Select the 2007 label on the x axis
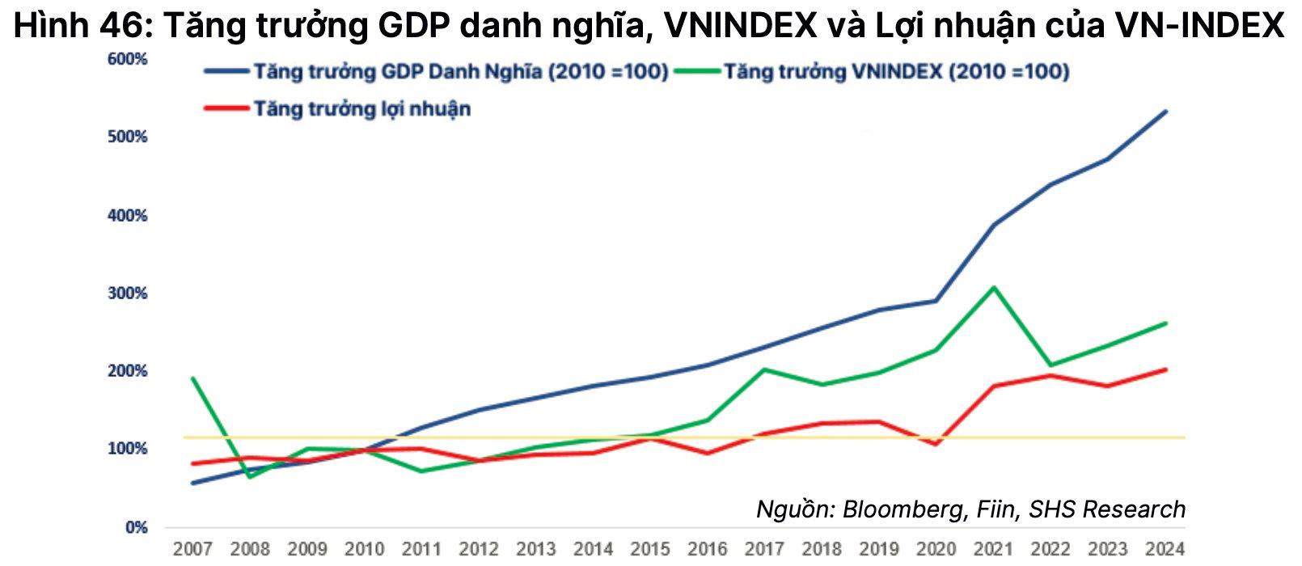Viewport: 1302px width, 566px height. tap(192, 549)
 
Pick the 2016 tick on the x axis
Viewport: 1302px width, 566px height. tap(708, 549)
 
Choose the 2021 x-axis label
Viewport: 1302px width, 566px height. tap(993, 549)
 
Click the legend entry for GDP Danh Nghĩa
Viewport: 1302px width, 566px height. tap(461, 72)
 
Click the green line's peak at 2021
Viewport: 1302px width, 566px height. tap(994, 287)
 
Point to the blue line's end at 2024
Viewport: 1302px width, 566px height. tap(1165, 112)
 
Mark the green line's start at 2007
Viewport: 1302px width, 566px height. tap(192, 378)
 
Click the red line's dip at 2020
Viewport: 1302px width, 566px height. tap(936, 444)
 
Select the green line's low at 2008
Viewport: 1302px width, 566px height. tap(250, 476)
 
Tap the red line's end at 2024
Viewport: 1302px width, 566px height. tap(1165, 370)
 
